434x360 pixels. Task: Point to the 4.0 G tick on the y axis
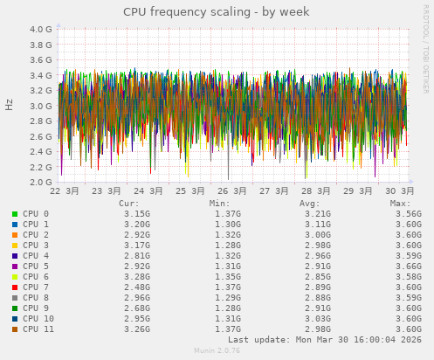(41, 29)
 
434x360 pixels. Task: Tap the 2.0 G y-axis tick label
(41, 183)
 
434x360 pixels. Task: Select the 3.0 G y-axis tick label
(41, 106)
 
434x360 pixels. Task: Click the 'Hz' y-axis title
(9, 106)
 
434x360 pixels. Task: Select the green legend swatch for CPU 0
(15, 213)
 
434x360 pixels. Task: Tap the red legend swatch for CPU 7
(15, 287)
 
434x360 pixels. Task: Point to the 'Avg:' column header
(311, 203)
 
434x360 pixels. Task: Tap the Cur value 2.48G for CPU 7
(137, 287)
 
